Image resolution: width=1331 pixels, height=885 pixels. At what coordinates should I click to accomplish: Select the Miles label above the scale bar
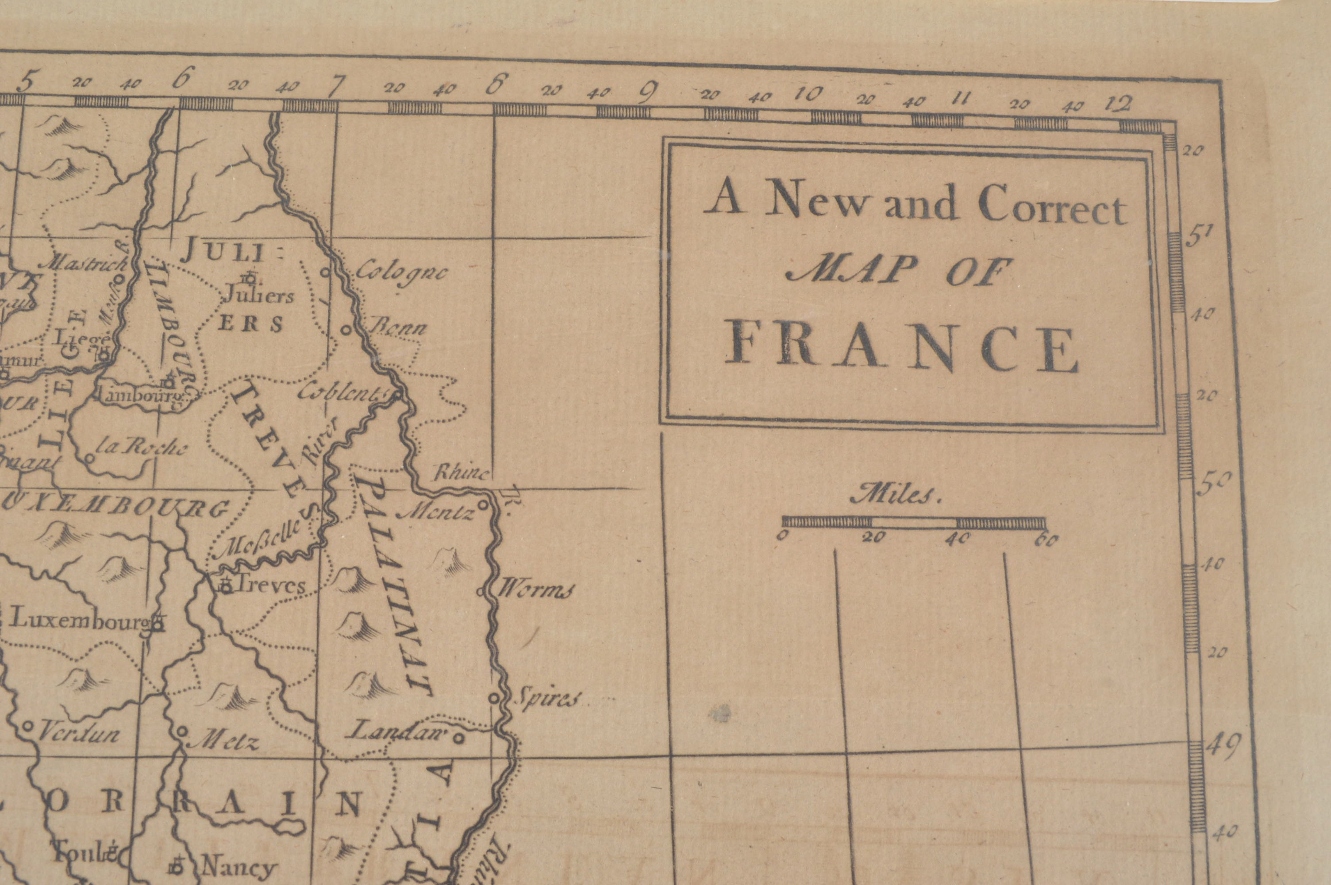coord(896,495)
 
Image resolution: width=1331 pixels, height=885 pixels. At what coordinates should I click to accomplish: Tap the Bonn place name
coord(397,328)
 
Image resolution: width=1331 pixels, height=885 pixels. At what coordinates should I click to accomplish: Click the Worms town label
coord(535,591)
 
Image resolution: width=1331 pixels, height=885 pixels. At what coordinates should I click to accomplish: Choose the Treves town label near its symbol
coord(270,585)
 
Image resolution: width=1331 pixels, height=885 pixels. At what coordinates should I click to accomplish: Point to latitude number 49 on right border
coord(1222,748)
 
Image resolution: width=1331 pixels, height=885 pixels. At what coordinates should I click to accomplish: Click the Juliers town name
coord(260,295)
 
